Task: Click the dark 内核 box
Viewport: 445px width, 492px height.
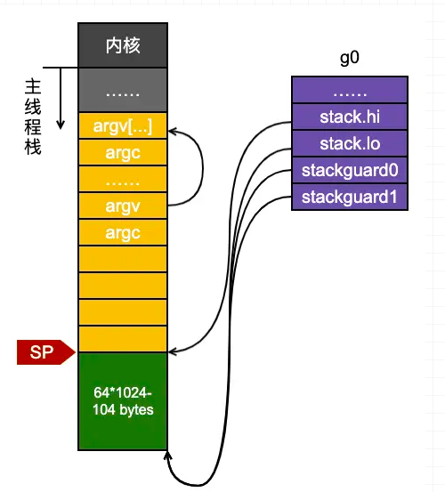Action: [123, 45]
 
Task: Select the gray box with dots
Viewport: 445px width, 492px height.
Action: [123, 90]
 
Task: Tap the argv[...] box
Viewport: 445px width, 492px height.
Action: [123, 125]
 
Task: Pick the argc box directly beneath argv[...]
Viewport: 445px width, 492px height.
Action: [123, 152]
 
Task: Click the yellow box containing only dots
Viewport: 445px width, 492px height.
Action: [123, 179]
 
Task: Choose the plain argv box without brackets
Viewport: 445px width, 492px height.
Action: [123, 206]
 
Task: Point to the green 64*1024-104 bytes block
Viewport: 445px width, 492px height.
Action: [123, 401]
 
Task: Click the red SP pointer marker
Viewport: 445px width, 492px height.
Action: [45, 352]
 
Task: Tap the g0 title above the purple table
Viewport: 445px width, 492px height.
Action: [349, 58]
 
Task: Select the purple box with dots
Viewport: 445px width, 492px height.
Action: [350, 90]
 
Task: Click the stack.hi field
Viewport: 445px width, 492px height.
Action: [350, 117]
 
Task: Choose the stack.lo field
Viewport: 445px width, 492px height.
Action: [350, 143]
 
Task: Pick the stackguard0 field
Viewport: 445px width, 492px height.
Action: [350, 171]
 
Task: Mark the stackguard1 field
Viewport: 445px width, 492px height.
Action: [350, 197]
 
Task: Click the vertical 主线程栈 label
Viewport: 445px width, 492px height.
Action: [33, 117]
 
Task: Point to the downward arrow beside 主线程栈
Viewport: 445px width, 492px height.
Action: [61, 98]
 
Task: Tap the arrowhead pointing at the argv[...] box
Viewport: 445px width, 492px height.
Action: [173, 132]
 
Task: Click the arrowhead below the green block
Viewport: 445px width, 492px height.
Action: [167, 456]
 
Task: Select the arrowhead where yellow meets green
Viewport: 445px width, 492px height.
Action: [173, 351]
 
